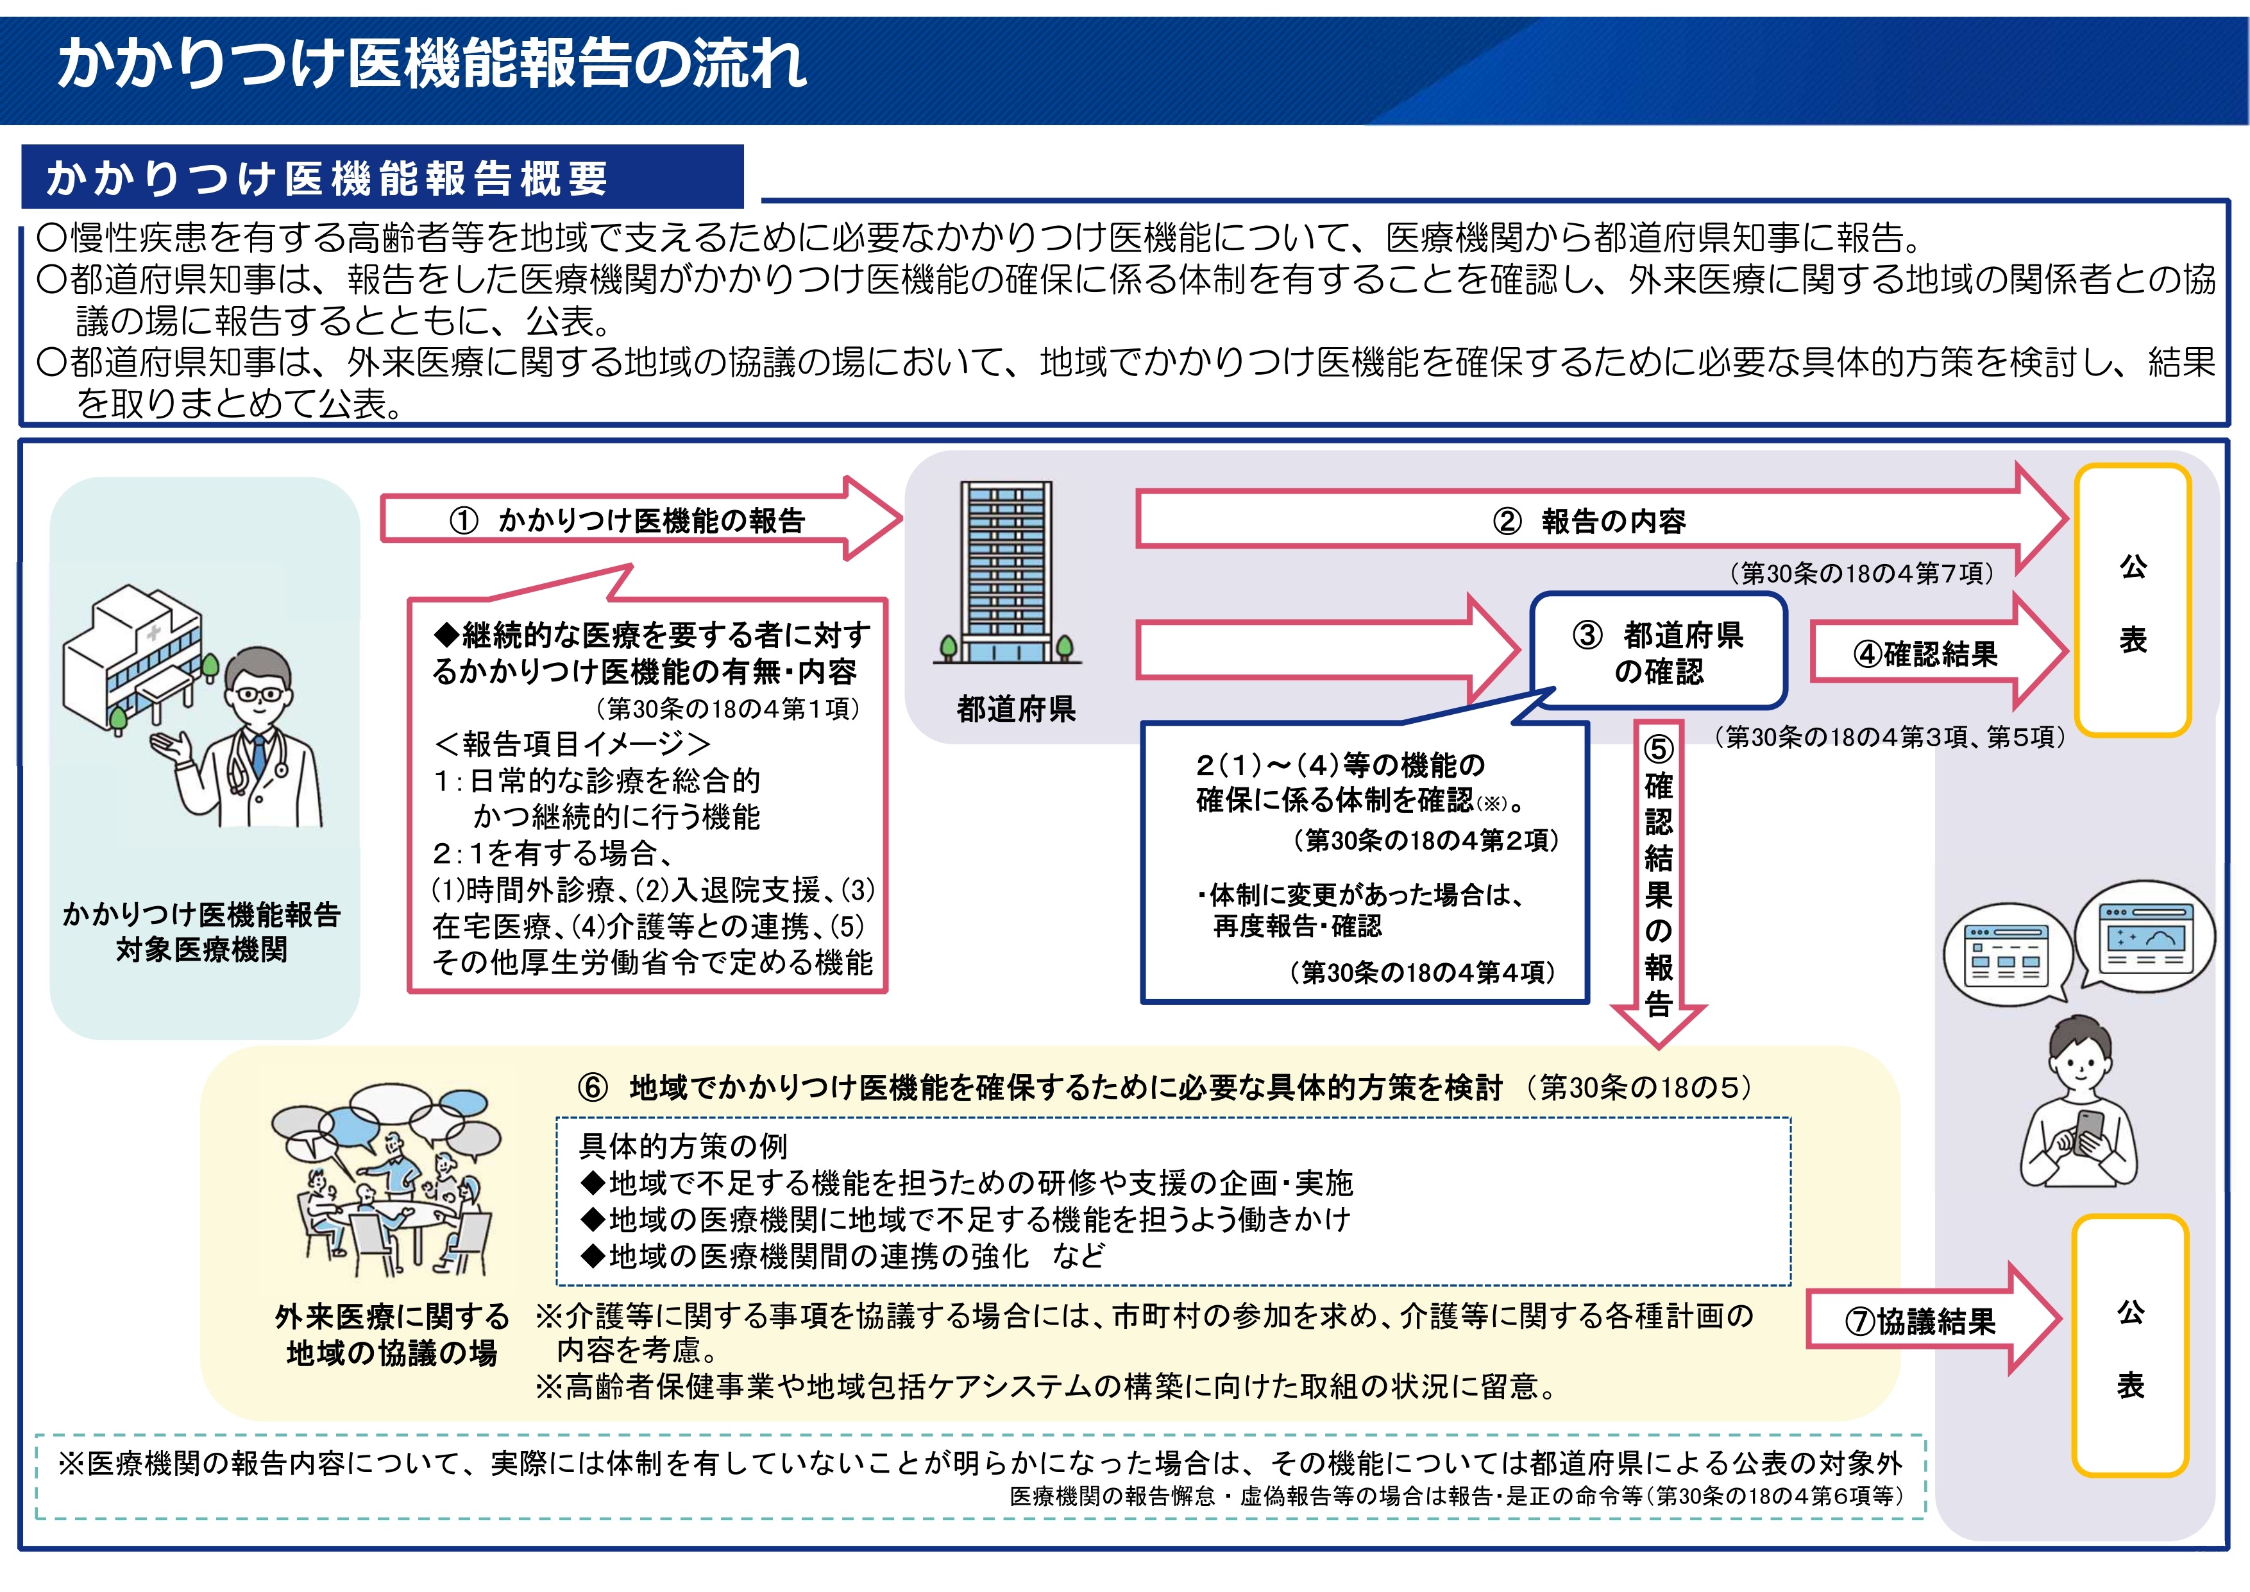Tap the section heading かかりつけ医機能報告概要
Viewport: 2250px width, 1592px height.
coord(327,178)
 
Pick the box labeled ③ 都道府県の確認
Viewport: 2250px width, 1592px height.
coord(1659,652)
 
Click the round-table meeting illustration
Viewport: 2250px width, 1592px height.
coord(388,1181)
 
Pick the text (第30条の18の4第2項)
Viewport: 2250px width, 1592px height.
coord(1426,840)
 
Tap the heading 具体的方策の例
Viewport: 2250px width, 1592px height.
coord(683,1145)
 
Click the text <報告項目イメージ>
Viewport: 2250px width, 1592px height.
coord(571,744)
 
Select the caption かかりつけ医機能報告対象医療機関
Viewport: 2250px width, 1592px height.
coord(202,931)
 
